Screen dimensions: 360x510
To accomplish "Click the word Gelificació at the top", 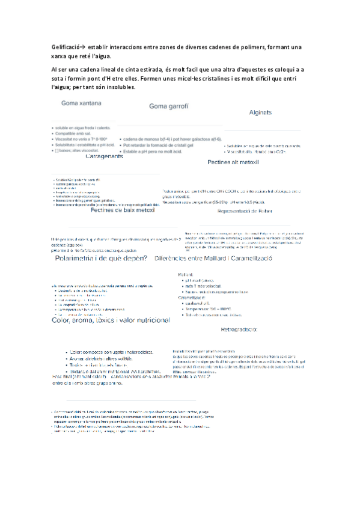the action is coord(66,47).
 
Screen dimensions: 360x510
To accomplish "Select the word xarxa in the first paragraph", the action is coord(61,57).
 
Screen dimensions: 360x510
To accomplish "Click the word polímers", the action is coord(248,47).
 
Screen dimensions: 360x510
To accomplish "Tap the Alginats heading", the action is coord(261,112).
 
